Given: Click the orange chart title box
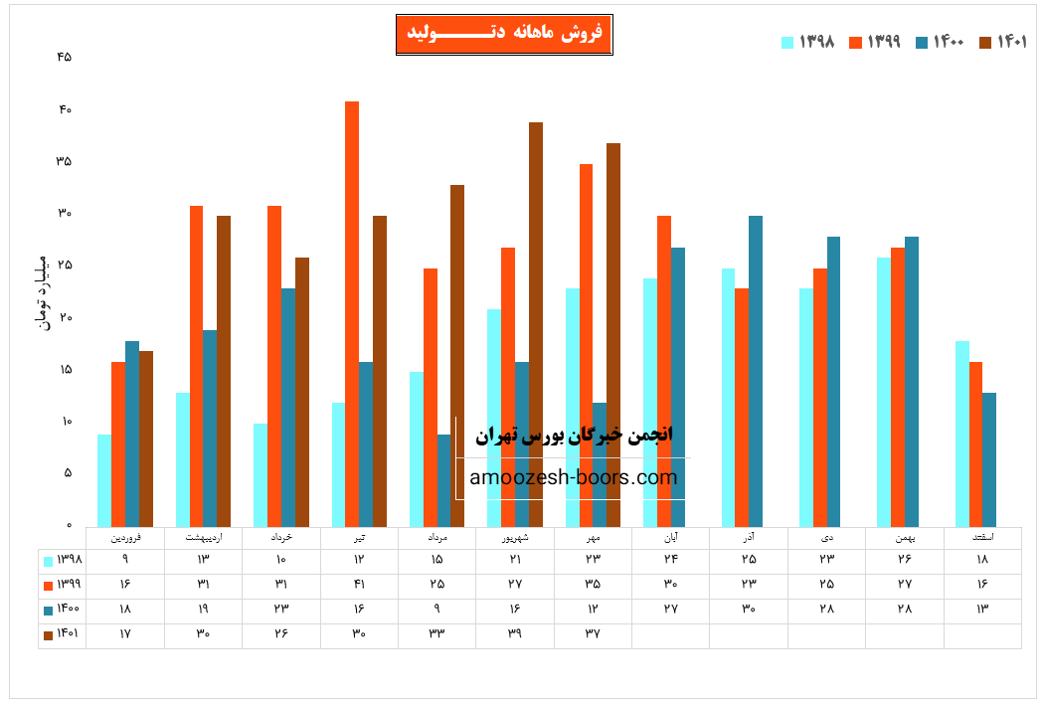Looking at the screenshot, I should coord(504,35).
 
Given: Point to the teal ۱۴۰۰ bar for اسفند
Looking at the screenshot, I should coord(988,459).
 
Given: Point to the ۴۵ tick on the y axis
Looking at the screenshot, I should coord(65,57).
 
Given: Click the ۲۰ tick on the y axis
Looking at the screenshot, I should coord(65,317).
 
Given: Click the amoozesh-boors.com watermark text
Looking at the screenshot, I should coord(574,478).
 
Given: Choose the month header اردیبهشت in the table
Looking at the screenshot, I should coord(203,537).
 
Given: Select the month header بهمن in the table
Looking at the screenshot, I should coord(904,537).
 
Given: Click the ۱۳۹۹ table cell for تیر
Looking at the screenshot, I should coord(359,584).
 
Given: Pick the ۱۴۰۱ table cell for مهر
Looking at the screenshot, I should coord(593,632).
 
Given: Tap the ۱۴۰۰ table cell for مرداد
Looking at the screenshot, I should coord(436,609).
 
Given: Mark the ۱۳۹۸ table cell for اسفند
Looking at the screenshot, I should coord(982,560).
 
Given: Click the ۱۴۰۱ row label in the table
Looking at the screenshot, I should coord(63,632).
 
